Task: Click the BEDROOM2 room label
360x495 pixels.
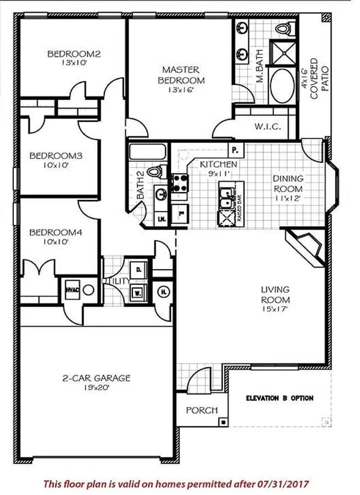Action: (74, 54)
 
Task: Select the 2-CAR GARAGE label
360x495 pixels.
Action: (96, 378)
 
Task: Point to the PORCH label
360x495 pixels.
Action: (201, 410)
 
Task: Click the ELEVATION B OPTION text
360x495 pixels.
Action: (280, 398)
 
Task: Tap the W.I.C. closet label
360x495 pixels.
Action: (268, 127)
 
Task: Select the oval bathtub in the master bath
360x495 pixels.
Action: (282, 85)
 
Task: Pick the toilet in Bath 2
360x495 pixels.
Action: (156, 172)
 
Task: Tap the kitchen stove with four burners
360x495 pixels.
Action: (179, 183)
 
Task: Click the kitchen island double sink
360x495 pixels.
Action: (227, 198)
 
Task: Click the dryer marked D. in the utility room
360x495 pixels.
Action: (138, 270)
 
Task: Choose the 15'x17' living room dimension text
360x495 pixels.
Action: (275, 308)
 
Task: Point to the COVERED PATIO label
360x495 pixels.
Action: (320, 79)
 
